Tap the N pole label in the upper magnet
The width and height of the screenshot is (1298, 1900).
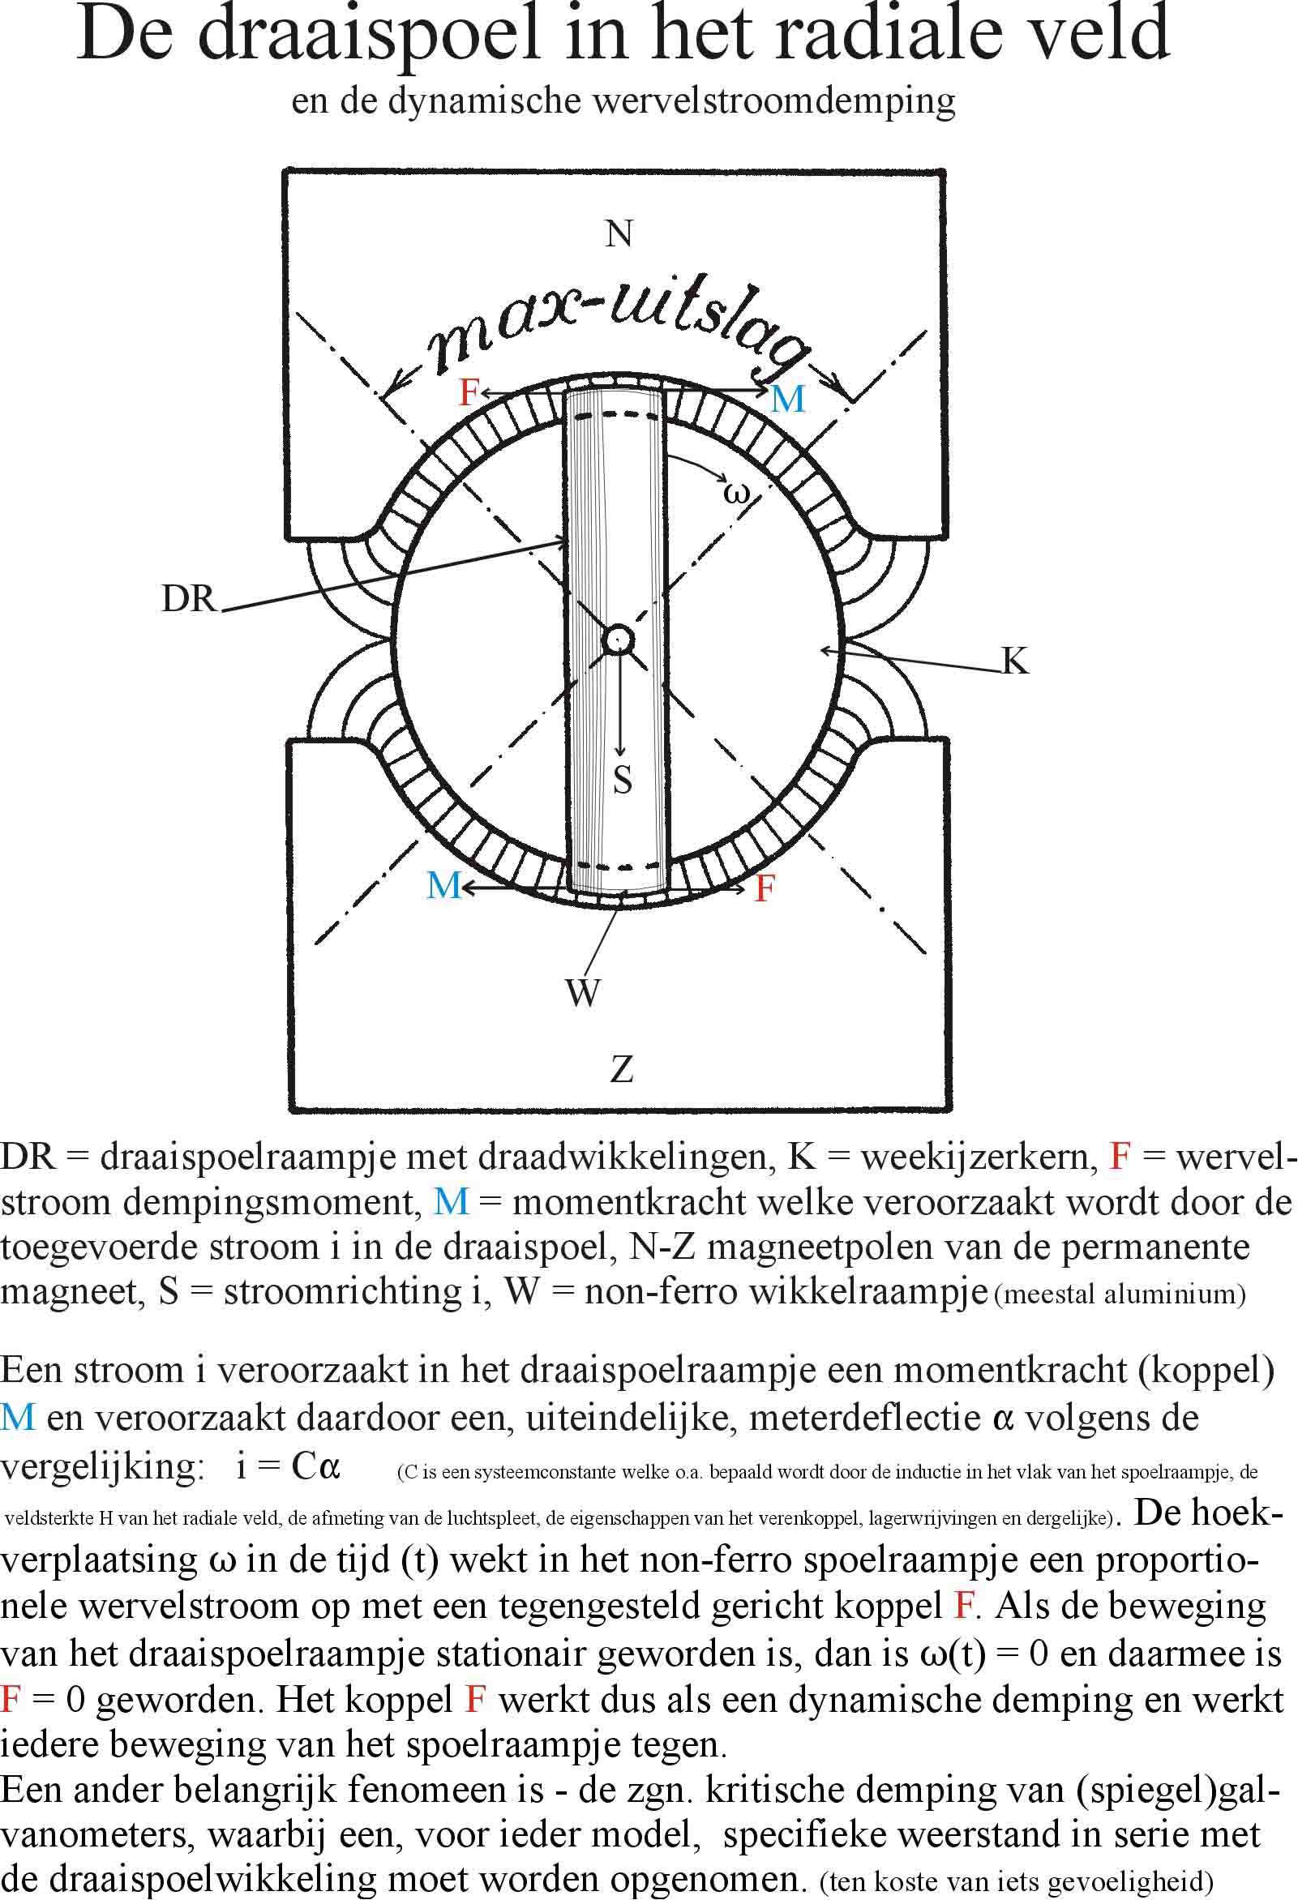(x=619, y=233)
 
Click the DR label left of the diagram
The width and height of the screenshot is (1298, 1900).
(x=189, y=598)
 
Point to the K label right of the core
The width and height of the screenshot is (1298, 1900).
(x=1015, y=660)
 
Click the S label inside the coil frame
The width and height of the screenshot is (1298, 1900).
(x=623, y=779)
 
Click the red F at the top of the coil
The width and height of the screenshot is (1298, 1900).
(x=469, y=392)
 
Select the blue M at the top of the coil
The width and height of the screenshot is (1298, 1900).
(x=789, y=399)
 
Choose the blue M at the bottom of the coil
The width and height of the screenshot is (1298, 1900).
(x=444, y=885)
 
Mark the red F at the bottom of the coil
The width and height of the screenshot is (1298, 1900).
(x=765, y=888)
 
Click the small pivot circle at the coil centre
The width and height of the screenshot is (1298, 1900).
(x=618, y=640)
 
